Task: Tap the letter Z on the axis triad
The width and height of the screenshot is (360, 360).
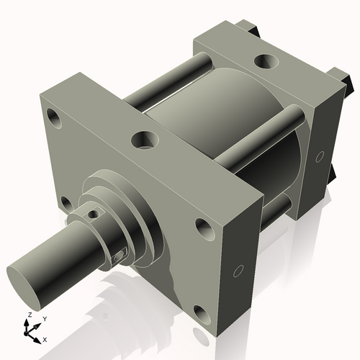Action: coord(29,315)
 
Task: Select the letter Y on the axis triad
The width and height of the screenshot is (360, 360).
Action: coord(44,318)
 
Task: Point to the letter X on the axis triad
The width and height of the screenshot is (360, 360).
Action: coord(45,338)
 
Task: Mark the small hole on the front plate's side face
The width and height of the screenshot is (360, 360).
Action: coord(238,271)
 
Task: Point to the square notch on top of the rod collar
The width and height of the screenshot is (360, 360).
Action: coord(91,214)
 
